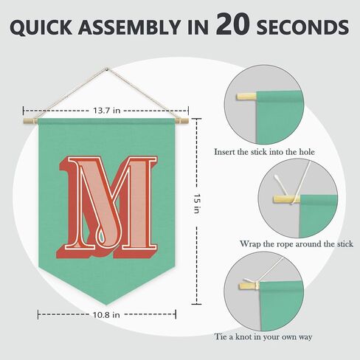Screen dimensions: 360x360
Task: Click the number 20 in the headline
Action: (232, 24)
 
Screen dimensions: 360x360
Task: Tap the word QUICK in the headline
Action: (41, 27)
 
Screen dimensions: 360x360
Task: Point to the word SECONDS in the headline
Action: (302, 27)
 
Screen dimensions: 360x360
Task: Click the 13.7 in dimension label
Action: (106, 111)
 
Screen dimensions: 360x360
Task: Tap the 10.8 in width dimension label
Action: (106, 314)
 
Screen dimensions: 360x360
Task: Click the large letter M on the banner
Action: (106, 207)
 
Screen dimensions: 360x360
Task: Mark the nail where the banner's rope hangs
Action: (106, 69)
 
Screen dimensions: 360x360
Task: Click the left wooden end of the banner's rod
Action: (30, 121)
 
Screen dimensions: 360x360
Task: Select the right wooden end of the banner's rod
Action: (181, 121)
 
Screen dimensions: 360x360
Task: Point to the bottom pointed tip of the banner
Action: (106, 305)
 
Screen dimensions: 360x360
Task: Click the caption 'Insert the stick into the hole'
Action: (264, 152)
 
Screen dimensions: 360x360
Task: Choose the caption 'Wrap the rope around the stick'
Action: (297, 244)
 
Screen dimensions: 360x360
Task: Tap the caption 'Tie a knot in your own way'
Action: (263, 336)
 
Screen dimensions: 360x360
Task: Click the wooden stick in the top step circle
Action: (246, 96)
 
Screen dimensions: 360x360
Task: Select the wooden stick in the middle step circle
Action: (286, 199)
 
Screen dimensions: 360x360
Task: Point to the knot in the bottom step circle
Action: (256, 285)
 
